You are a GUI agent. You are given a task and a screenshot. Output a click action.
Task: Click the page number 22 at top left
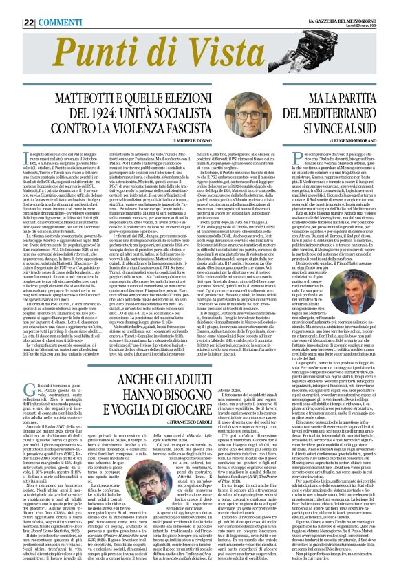click(10, 6)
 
